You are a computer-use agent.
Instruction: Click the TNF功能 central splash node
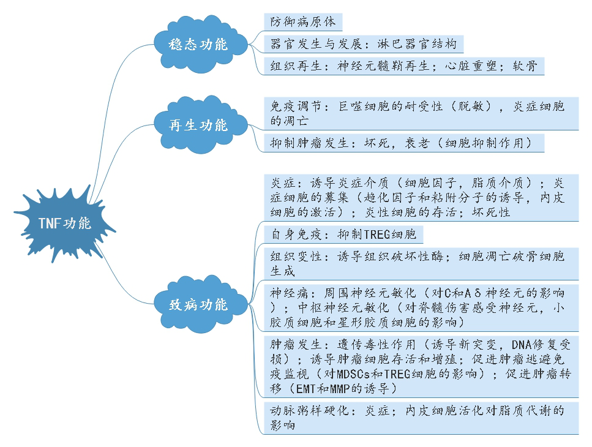click(64, 223)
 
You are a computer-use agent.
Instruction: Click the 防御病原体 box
click(303, 22)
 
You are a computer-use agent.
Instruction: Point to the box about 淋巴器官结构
click(363, 44)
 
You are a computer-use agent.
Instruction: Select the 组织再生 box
click(404, 66)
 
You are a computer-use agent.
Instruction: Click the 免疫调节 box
click(421, 113)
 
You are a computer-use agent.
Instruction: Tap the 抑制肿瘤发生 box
click(404, 143)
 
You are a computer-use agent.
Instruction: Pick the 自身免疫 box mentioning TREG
click(343, 235)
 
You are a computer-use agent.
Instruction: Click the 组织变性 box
click(421, 264)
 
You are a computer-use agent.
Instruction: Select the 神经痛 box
click(421, 307)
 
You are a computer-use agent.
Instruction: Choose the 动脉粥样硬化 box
click(421, 418)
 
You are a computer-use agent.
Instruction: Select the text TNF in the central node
click(50, 223)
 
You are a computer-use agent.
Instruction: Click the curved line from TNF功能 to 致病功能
click(120, 281)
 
